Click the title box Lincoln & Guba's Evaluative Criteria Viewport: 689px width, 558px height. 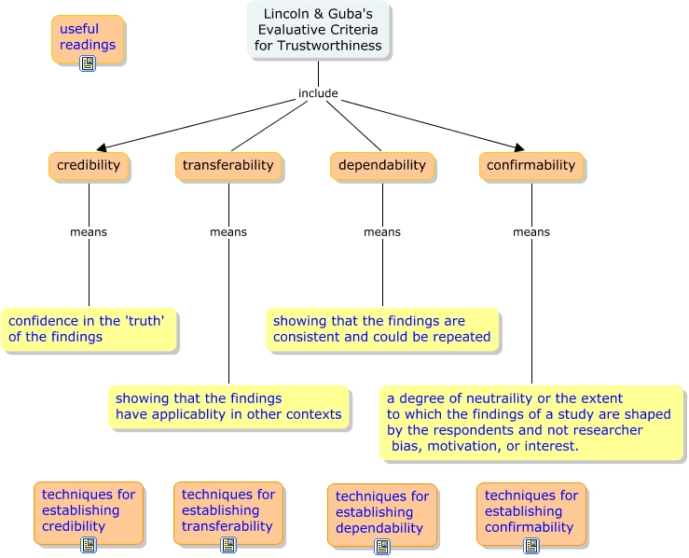coord(319,31)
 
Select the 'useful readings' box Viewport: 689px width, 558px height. coord(88,37)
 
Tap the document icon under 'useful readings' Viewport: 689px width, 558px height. coord(88,63)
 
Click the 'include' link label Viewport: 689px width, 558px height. coord(318,93)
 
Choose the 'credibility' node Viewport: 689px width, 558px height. coord(89,165)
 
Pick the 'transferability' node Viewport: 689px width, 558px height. coord(228,165)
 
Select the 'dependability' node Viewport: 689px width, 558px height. coord(381,165)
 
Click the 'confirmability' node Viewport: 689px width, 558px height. coord(531,165)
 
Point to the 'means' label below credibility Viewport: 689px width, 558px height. coord(89,232)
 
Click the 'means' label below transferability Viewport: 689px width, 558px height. coord(228,232)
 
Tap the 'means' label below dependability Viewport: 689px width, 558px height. coord(382,232)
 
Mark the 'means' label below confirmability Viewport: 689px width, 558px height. coord(531,232)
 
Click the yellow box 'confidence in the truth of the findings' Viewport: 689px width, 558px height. coord(88,329)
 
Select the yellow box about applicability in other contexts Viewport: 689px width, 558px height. coord(228,407)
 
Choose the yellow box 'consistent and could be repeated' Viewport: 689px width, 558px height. coord(382,329)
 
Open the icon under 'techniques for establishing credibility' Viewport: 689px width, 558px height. coord(88,544)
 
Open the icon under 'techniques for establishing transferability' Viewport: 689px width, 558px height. coord(227,544)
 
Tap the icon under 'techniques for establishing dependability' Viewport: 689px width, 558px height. coord(381,546)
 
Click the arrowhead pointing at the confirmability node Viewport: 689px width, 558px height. coord(518,146)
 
